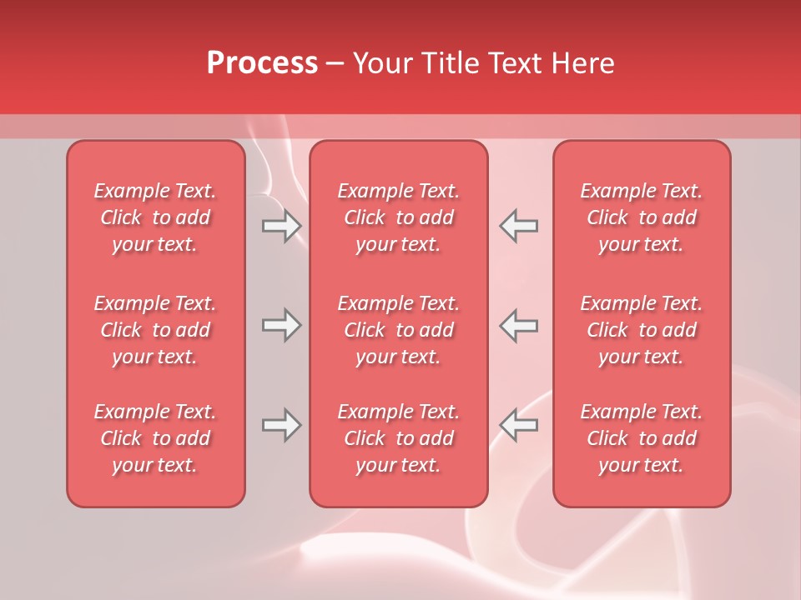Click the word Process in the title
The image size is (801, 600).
[262, 63]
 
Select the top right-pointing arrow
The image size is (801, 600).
[281, 226]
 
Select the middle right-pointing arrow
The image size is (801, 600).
[281, 325]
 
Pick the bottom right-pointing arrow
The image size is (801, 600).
[281, 425]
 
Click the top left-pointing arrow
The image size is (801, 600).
[518, 226]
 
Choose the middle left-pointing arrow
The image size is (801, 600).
[518, 325]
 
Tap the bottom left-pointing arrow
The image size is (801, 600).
[518, 425]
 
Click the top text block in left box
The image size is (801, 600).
[155, 217]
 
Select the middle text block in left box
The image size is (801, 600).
[155, 330]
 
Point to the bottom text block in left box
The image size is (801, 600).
[155, 438]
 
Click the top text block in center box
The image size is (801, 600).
[398, 217]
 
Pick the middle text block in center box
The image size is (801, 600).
[398, 330]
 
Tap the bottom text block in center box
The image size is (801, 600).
[398, 438]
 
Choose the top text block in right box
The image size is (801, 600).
[641, 217]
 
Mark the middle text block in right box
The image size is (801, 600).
[641, 330]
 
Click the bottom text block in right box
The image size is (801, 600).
[641, 438]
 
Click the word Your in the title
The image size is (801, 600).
[381, 63]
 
